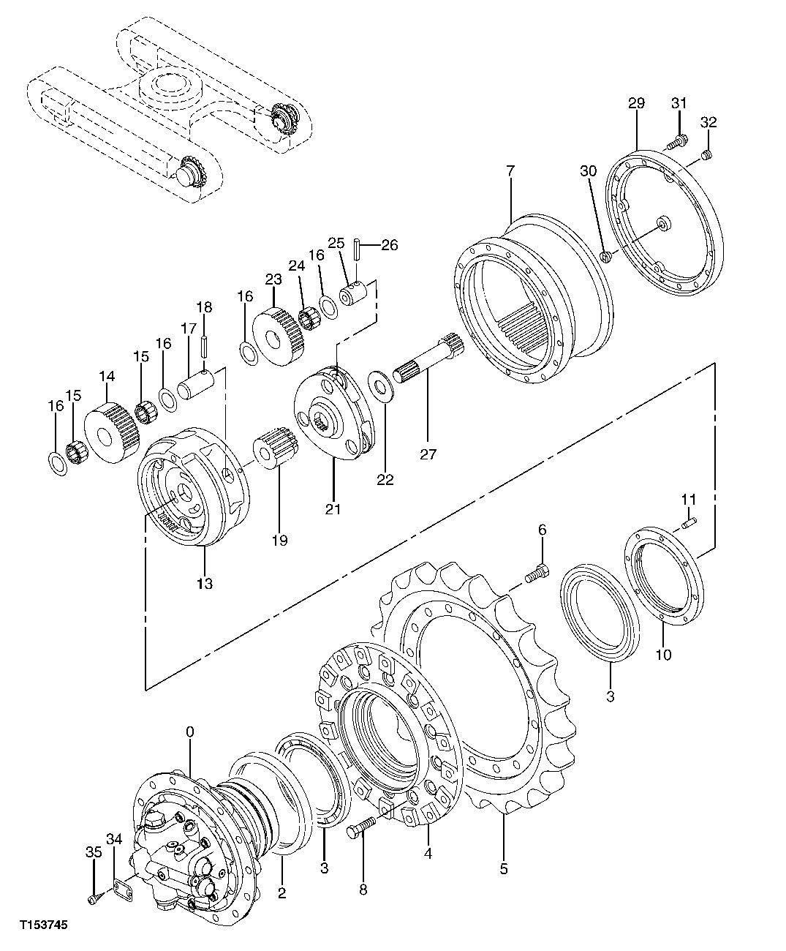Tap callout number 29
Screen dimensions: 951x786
(x=635, y=103)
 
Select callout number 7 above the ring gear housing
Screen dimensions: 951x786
(x=510, y=170)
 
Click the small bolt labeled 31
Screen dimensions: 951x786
(x=680, y=140)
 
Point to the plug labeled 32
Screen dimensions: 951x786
(x=707, y=154)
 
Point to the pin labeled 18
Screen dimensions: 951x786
(x=206, y=341)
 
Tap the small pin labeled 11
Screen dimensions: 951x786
(x=690, y=522)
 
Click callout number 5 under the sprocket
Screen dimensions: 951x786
(x=504, y=869)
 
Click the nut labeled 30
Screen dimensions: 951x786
(x=605, y=256)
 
